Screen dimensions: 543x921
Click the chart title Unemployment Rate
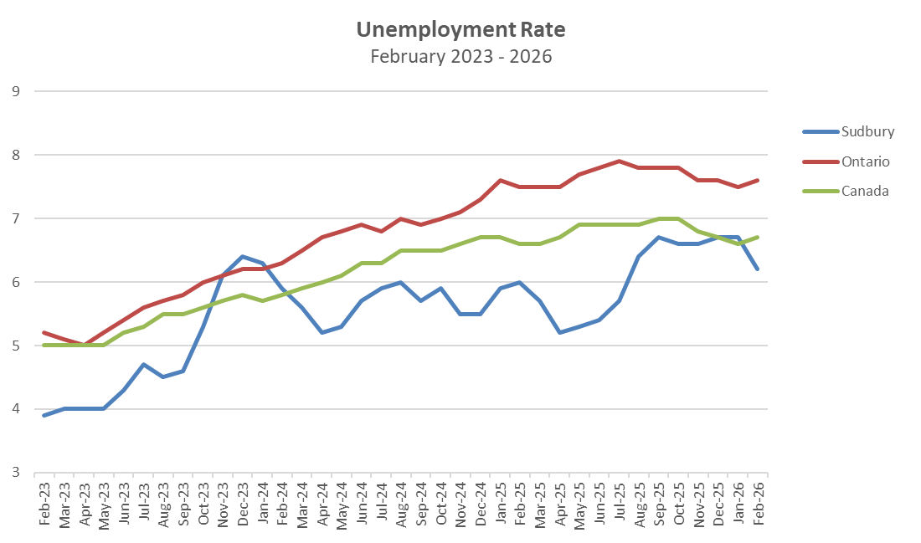(x=460, y=30)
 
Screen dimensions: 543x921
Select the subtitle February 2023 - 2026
(x=460, y=57)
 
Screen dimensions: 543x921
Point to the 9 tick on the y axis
(x=15, y=91)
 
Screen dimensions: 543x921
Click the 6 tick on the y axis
(x=15, y=282)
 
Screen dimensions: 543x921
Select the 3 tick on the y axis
(x=15, y=473)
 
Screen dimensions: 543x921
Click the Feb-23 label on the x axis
(x=44, y=502)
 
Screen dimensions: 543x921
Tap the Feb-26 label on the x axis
(x=759, y=502)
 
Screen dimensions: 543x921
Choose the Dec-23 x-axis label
(x=243, y=502)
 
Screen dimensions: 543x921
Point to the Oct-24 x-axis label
(x=441, y=502)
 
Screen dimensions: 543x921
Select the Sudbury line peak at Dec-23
(x=243, y=256)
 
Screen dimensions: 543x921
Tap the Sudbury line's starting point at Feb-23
(x=44, y=415)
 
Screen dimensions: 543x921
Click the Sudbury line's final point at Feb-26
(x=759, y=269)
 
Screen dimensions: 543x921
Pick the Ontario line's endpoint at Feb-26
(x=759, y=180)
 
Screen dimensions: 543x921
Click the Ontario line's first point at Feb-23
(x=44, y=332)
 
